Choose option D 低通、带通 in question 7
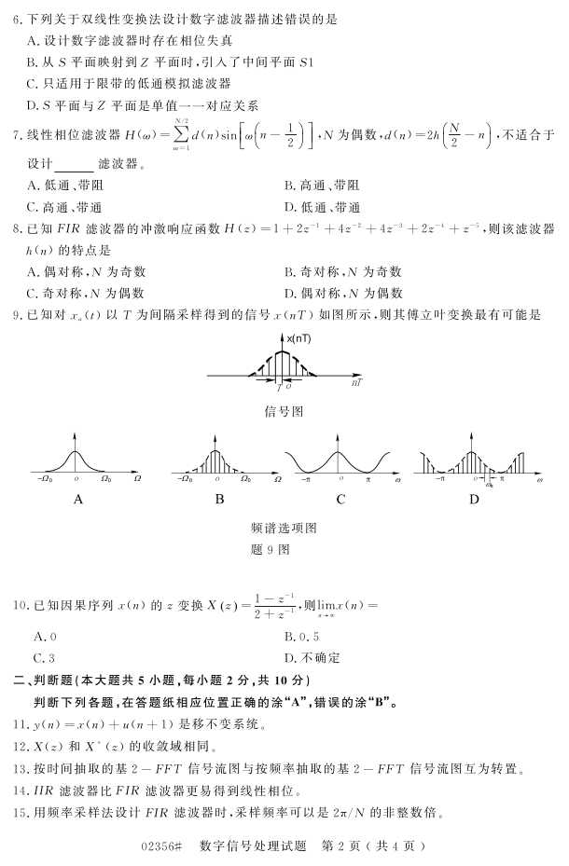323,207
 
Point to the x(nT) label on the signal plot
299,338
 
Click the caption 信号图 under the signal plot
284,410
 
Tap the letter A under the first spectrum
78,500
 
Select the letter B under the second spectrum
219,500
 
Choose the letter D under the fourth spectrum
474,500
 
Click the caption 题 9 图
284,549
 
